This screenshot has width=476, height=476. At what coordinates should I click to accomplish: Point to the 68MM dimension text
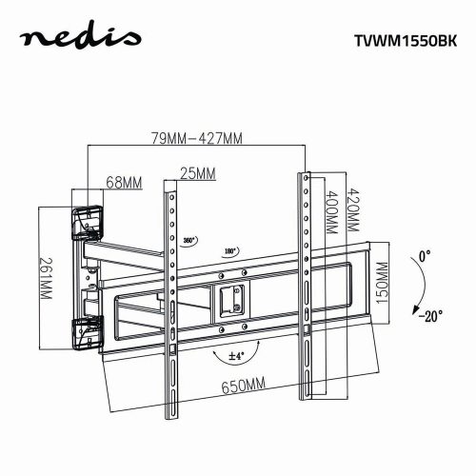pyautogui.click(x=125, y=181)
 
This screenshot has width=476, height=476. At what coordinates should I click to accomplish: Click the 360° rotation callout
pyautogui.click(x=189, y=241)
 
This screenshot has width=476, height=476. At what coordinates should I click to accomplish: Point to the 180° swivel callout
pyautogui.click(x=229, y=251)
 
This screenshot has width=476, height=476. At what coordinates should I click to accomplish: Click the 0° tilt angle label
pyautogui.click(x=424, y=256)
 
